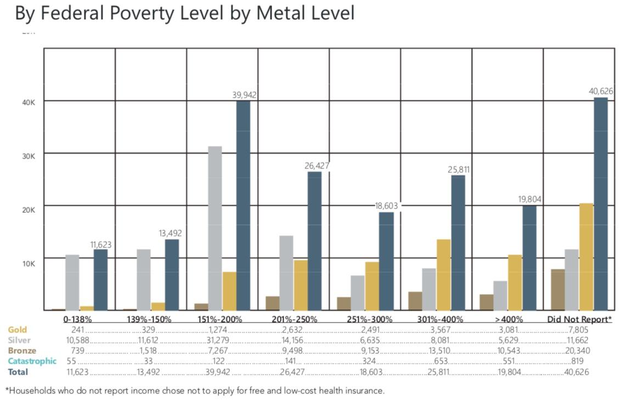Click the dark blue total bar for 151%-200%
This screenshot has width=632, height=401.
(243, 206)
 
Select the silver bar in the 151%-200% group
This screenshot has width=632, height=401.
(215, 228)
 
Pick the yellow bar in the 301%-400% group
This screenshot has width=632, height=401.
(443, 275)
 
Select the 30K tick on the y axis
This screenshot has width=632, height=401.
(28, 156)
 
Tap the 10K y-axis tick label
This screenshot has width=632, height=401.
(28, 263)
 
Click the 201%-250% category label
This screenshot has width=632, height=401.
(294, 319)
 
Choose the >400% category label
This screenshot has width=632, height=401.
(507, 319)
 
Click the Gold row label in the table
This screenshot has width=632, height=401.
(17, 330)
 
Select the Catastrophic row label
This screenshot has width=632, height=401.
(32, 361)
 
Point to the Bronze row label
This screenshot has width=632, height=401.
(22, 351)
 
